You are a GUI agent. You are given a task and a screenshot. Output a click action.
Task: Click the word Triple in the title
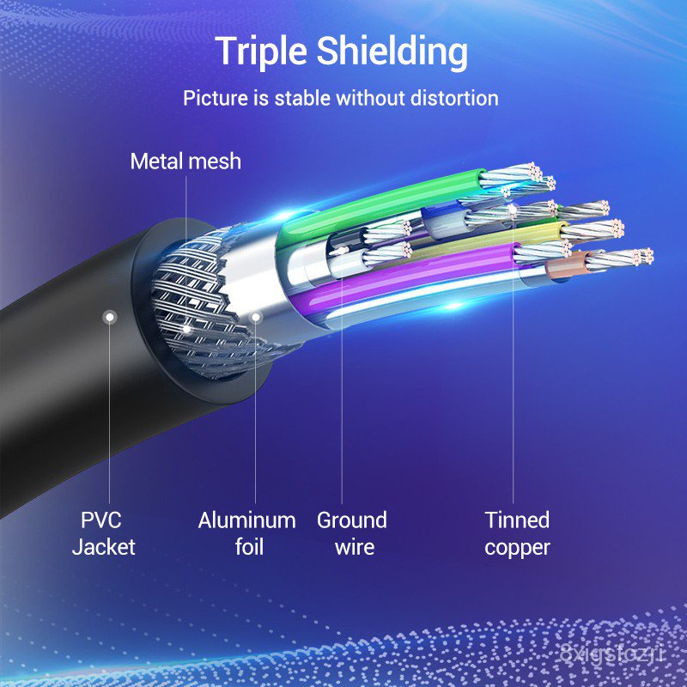click(261, 52)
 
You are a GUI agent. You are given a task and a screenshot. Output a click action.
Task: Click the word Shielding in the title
click(392, 52)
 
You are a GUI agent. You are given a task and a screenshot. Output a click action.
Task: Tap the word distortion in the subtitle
click(454, 98)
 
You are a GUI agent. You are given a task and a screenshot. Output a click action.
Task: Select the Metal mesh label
click(185, 161)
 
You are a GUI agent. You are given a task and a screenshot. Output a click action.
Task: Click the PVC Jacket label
click(103, 533)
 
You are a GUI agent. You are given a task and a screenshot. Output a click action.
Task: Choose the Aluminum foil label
click(247, 533)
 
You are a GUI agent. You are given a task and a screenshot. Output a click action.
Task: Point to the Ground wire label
click(352, 533)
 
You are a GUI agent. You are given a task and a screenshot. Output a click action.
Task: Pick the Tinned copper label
click(518, 533)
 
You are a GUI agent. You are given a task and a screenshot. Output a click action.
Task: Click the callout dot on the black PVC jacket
click(110, 317)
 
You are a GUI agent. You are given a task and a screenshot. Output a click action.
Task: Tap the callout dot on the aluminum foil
click(255, 317)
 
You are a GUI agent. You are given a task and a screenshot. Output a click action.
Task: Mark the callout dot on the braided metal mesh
click(186, 329)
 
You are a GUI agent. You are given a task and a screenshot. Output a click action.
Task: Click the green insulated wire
click(381, 205)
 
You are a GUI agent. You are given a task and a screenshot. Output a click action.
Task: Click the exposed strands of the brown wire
click(618, 258)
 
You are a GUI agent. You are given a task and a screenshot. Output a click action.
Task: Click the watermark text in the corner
click(612, 654)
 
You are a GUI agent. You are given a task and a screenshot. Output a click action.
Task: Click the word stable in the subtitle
click(302, 98)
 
